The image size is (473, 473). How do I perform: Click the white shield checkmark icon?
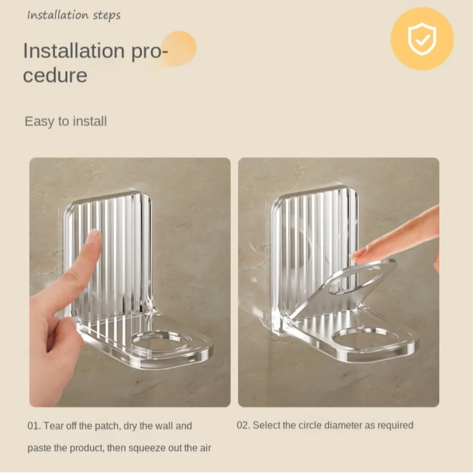422,39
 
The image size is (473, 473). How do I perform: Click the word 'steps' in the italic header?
106,16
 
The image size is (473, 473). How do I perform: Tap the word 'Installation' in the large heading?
74,51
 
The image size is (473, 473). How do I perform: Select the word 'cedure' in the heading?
55,75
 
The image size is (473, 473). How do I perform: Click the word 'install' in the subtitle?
90,121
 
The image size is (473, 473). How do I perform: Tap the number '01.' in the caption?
34,426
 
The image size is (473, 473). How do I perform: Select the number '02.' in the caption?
243,425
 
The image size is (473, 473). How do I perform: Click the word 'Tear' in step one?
53,426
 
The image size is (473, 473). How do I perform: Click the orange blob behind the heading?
178,48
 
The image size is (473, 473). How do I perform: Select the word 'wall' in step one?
163,426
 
